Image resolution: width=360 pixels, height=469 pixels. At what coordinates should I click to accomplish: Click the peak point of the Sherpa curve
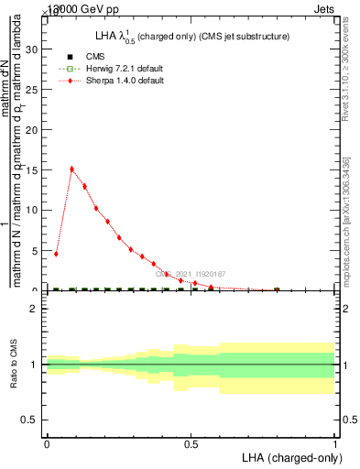click(x=71, y=169)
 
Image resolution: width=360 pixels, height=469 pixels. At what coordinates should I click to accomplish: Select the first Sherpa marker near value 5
click(x=57, y=254)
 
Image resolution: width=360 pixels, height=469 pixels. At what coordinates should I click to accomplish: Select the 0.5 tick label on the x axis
click(x=191, y=444)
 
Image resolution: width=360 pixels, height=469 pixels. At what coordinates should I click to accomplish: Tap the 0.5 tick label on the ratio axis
click(x=31, y=420)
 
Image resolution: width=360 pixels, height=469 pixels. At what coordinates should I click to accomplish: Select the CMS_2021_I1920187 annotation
click(x=190, y=274)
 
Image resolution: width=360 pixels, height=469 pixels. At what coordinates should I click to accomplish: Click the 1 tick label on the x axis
click(x=335, y=444)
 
